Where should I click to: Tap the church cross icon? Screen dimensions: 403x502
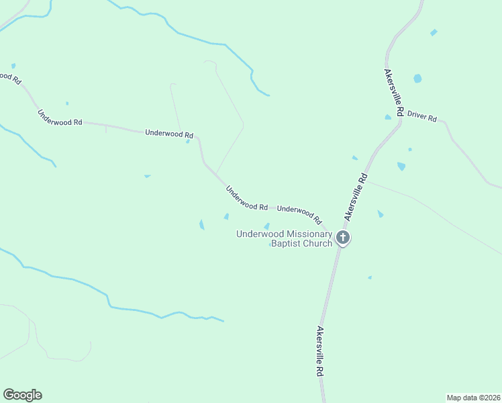[x=343, y=237]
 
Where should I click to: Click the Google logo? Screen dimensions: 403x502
[x=22, y=395]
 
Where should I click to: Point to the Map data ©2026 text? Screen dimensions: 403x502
[x=472, y=397]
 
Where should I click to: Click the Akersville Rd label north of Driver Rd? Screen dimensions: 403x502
[x=394, y=93]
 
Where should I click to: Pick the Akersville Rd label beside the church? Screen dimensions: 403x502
[x=356, y=197]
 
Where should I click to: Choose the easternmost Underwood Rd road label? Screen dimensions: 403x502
[x=299, y=214]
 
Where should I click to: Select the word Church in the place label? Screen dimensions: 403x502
[x=317, y=243]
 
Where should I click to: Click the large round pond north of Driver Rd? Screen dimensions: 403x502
[x=417, y=79]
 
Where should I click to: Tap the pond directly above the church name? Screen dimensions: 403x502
[x=266, y=226]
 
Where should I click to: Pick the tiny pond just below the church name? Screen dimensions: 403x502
[x=270, y=244]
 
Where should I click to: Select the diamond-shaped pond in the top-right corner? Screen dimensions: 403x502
[x=434, y=32]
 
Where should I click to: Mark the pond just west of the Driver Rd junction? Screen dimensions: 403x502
[x=388, y=117]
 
